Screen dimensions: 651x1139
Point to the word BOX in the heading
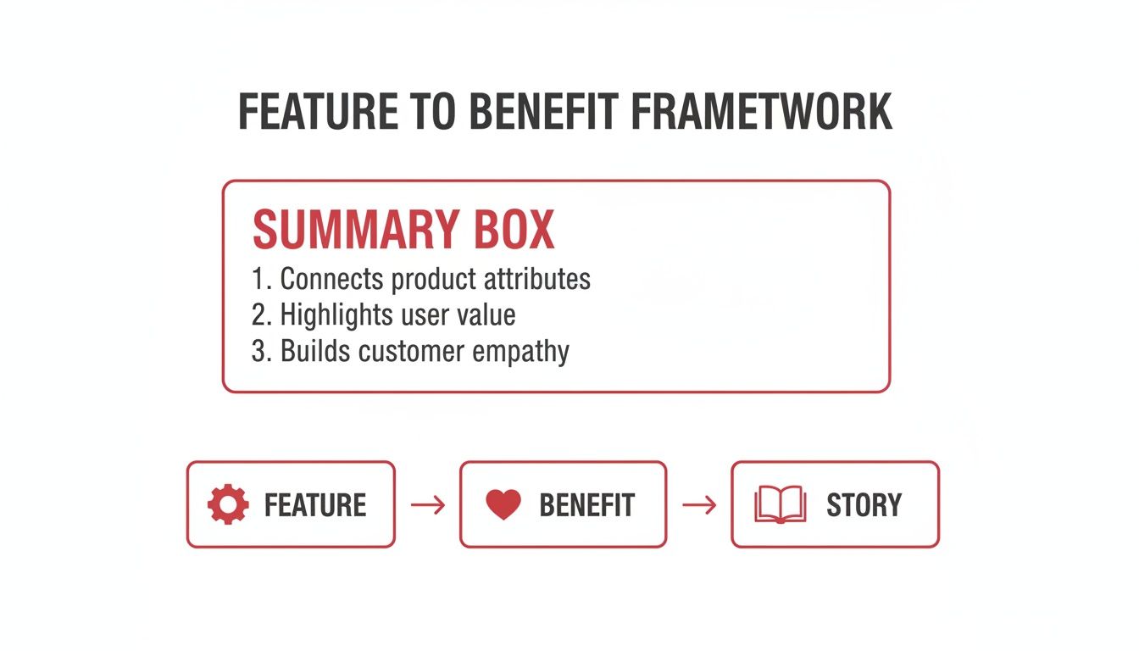(x=515, y=229)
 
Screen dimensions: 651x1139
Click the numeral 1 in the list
(x=258, y=279)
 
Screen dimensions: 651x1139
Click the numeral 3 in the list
(x=259, y=352)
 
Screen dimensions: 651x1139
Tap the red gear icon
(x=228, y=505)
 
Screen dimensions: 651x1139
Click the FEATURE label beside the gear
(x=315, y=505)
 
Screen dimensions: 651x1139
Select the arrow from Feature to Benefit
(x=428, y=506)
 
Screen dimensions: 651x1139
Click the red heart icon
(x=503, y=505)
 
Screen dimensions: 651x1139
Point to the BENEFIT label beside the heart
(x=587, y=505)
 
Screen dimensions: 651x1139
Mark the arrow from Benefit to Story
(x=699, y=506)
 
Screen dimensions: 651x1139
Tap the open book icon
(x=780, y=505)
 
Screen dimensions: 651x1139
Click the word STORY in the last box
(x=864, y=505)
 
